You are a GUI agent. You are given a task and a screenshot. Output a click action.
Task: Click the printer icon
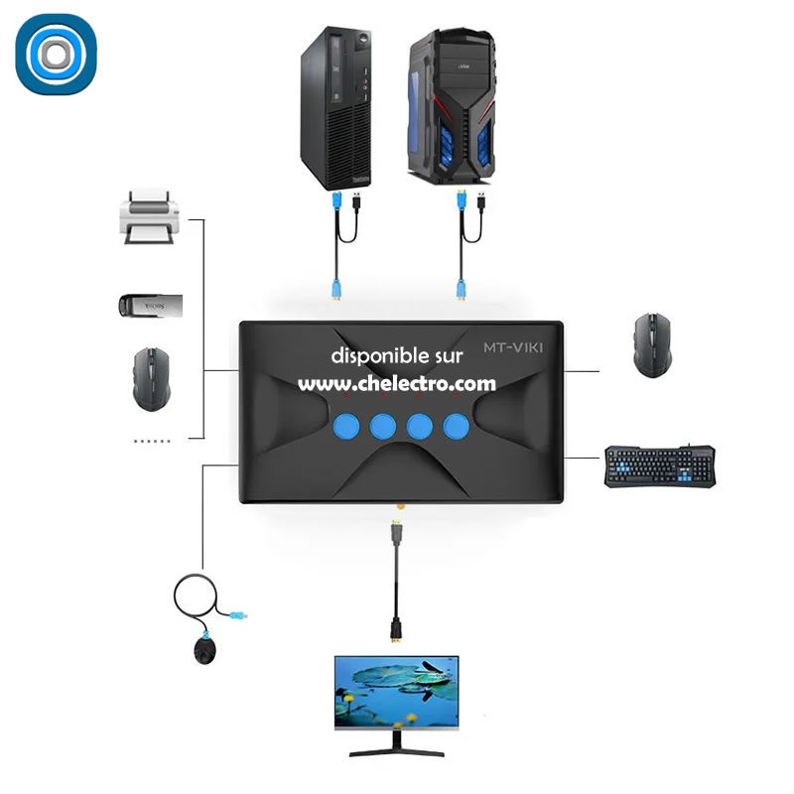(148, 218)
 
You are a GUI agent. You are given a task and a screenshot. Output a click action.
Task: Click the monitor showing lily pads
(397, 696)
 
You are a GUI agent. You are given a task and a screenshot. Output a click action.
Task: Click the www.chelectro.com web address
(397, 382)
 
